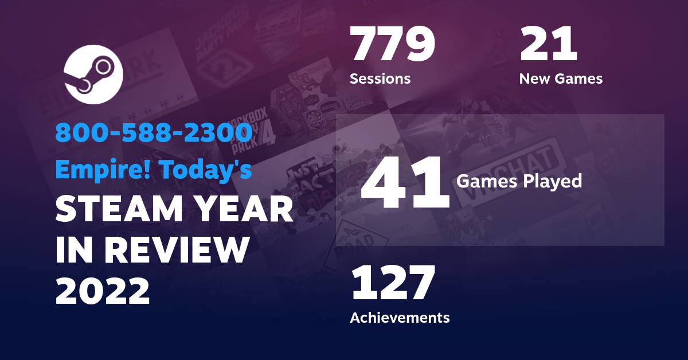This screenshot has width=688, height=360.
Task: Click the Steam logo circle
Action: (92, 75)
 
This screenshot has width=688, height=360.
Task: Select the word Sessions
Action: (380, 79)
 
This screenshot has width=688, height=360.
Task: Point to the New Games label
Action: (561, 79)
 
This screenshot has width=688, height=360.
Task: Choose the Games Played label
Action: (519, 182)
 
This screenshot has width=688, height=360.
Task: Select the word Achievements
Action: (400, 317)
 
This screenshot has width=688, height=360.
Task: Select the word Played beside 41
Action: (556, 182)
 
